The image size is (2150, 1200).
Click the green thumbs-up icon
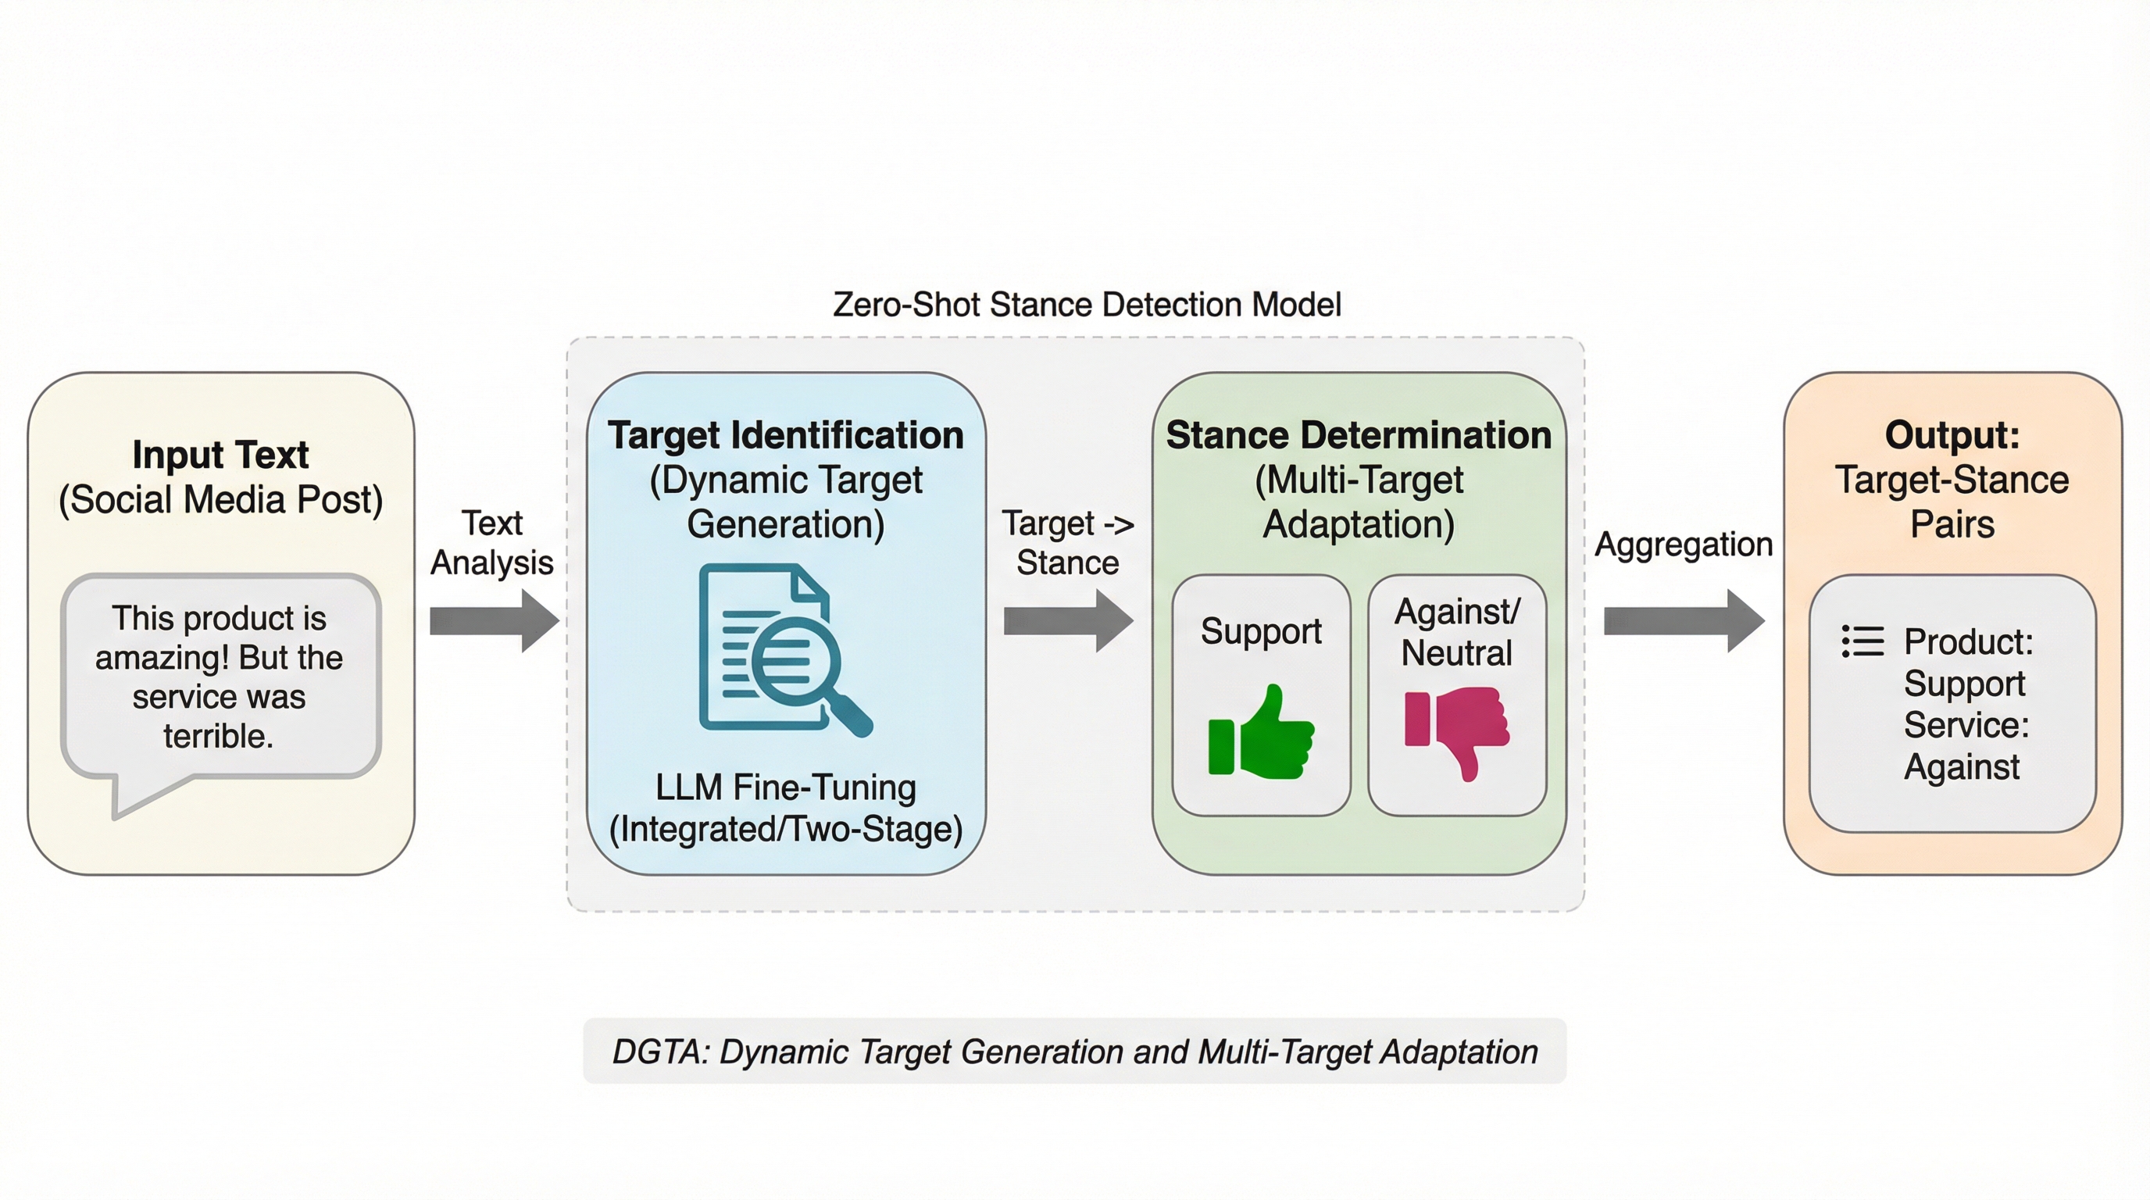(1261, 732)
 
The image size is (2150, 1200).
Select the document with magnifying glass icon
(785, 650)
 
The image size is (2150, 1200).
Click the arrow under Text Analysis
(494, 621)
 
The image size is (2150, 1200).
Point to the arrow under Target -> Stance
(1068, 621)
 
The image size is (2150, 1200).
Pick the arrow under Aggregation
(1684, 621)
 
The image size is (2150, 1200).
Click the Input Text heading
(220, 455)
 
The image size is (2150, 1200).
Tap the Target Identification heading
(785, 435)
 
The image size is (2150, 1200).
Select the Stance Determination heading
(1359, 435)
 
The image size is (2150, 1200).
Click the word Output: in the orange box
(1952, 435)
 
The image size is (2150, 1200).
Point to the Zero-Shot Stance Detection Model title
(1087, 305)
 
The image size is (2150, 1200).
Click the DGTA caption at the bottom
(1075, 1052)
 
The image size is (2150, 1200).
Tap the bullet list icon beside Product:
(1862, 641)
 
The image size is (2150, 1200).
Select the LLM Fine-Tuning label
(785, 787)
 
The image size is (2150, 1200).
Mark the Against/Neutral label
(1457, 632)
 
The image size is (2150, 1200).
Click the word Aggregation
(1684, 544)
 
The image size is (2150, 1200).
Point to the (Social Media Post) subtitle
(220, 500)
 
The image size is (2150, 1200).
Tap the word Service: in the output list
(1966, 724)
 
